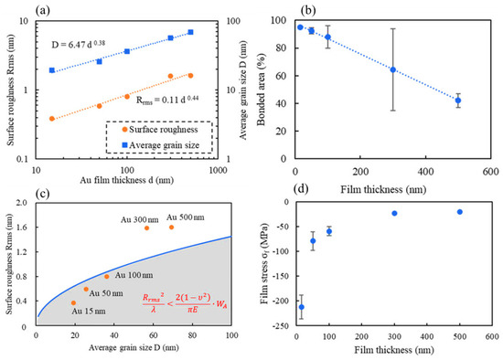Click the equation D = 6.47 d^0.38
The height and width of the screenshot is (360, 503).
[79, 44]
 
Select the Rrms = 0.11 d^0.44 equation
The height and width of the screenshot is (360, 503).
[167, 100]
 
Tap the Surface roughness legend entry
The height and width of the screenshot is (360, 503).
[160, 130]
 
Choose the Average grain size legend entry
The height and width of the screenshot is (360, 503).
[161, 145]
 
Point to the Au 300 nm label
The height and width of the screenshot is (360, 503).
[140, 220]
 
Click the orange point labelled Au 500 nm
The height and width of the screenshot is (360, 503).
[171, 228]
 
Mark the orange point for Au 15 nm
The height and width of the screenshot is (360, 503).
[73, 303]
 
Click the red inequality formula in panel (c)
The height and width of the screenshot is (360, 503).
[185, 303]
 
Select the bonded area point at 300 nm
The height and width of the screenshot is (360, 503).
[393, 69]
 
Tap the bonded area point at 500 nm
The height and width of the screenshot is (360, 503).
[458, 101]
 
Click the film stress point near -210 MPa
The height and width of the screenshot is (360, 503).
[302, 307]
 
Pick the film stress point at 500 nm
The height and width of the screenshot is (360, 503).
[460, 212]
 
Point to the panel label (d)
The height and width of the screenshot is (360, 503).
[301, 188]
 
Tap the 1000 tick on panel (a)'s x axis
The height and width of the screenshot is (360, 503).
[218, 170]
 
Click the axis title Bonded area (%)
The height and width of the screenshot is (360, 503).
[262, 90]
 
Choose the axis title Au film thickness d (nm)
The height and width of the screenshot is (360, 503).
[127, 180]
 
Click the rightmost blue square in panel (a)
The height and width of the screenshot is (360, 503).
[190, 32]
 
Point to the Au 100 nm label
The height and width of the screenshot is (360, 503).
[134, 275]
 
